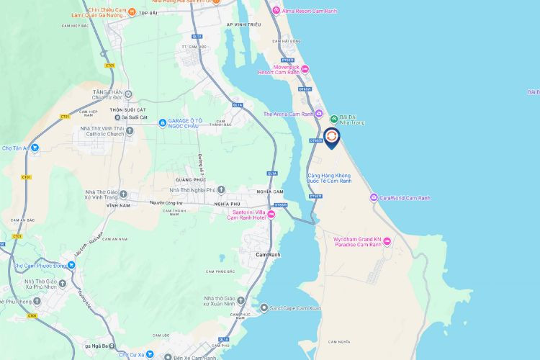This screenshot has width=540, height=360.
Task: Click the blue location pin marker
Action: click(331, 137)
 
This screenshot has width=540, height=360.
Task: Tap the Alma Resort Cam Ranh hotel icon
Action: click(276, 10)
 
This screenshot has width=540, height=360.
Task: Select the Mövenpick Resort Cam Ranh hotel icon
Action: click(305, 69)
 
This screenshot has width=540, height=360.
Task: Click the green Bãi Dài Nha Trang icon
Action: click(333, 118)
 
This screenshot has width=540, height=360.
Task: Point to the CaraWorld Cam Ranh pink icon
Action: click(373, 197)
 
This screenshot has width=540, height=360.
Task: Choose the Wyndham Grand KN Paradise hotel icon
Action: click(387, 240)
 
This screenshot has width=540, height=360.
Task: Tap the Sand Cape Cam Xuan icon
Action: click(264, 307)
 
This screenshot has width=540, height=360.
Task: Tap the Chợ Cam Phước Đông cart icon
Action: click(71, 264)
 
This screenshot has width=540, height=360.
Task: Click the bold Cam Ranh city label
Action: click(269, 255)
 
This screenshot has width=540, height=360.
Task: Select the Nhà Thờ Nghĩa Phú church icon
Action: click(163, 190)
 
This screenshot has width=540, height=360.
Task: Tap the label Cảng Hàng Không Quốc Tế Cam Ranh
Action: click(329, 177)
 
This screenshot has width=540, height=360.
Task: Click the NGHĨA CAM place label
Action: click(271, 191)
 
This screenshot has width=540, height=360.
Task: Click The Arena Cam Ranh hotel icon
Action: click(319, 114)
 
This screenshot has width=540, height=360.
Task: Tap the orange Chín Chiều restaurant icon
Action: click(132, 12)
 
